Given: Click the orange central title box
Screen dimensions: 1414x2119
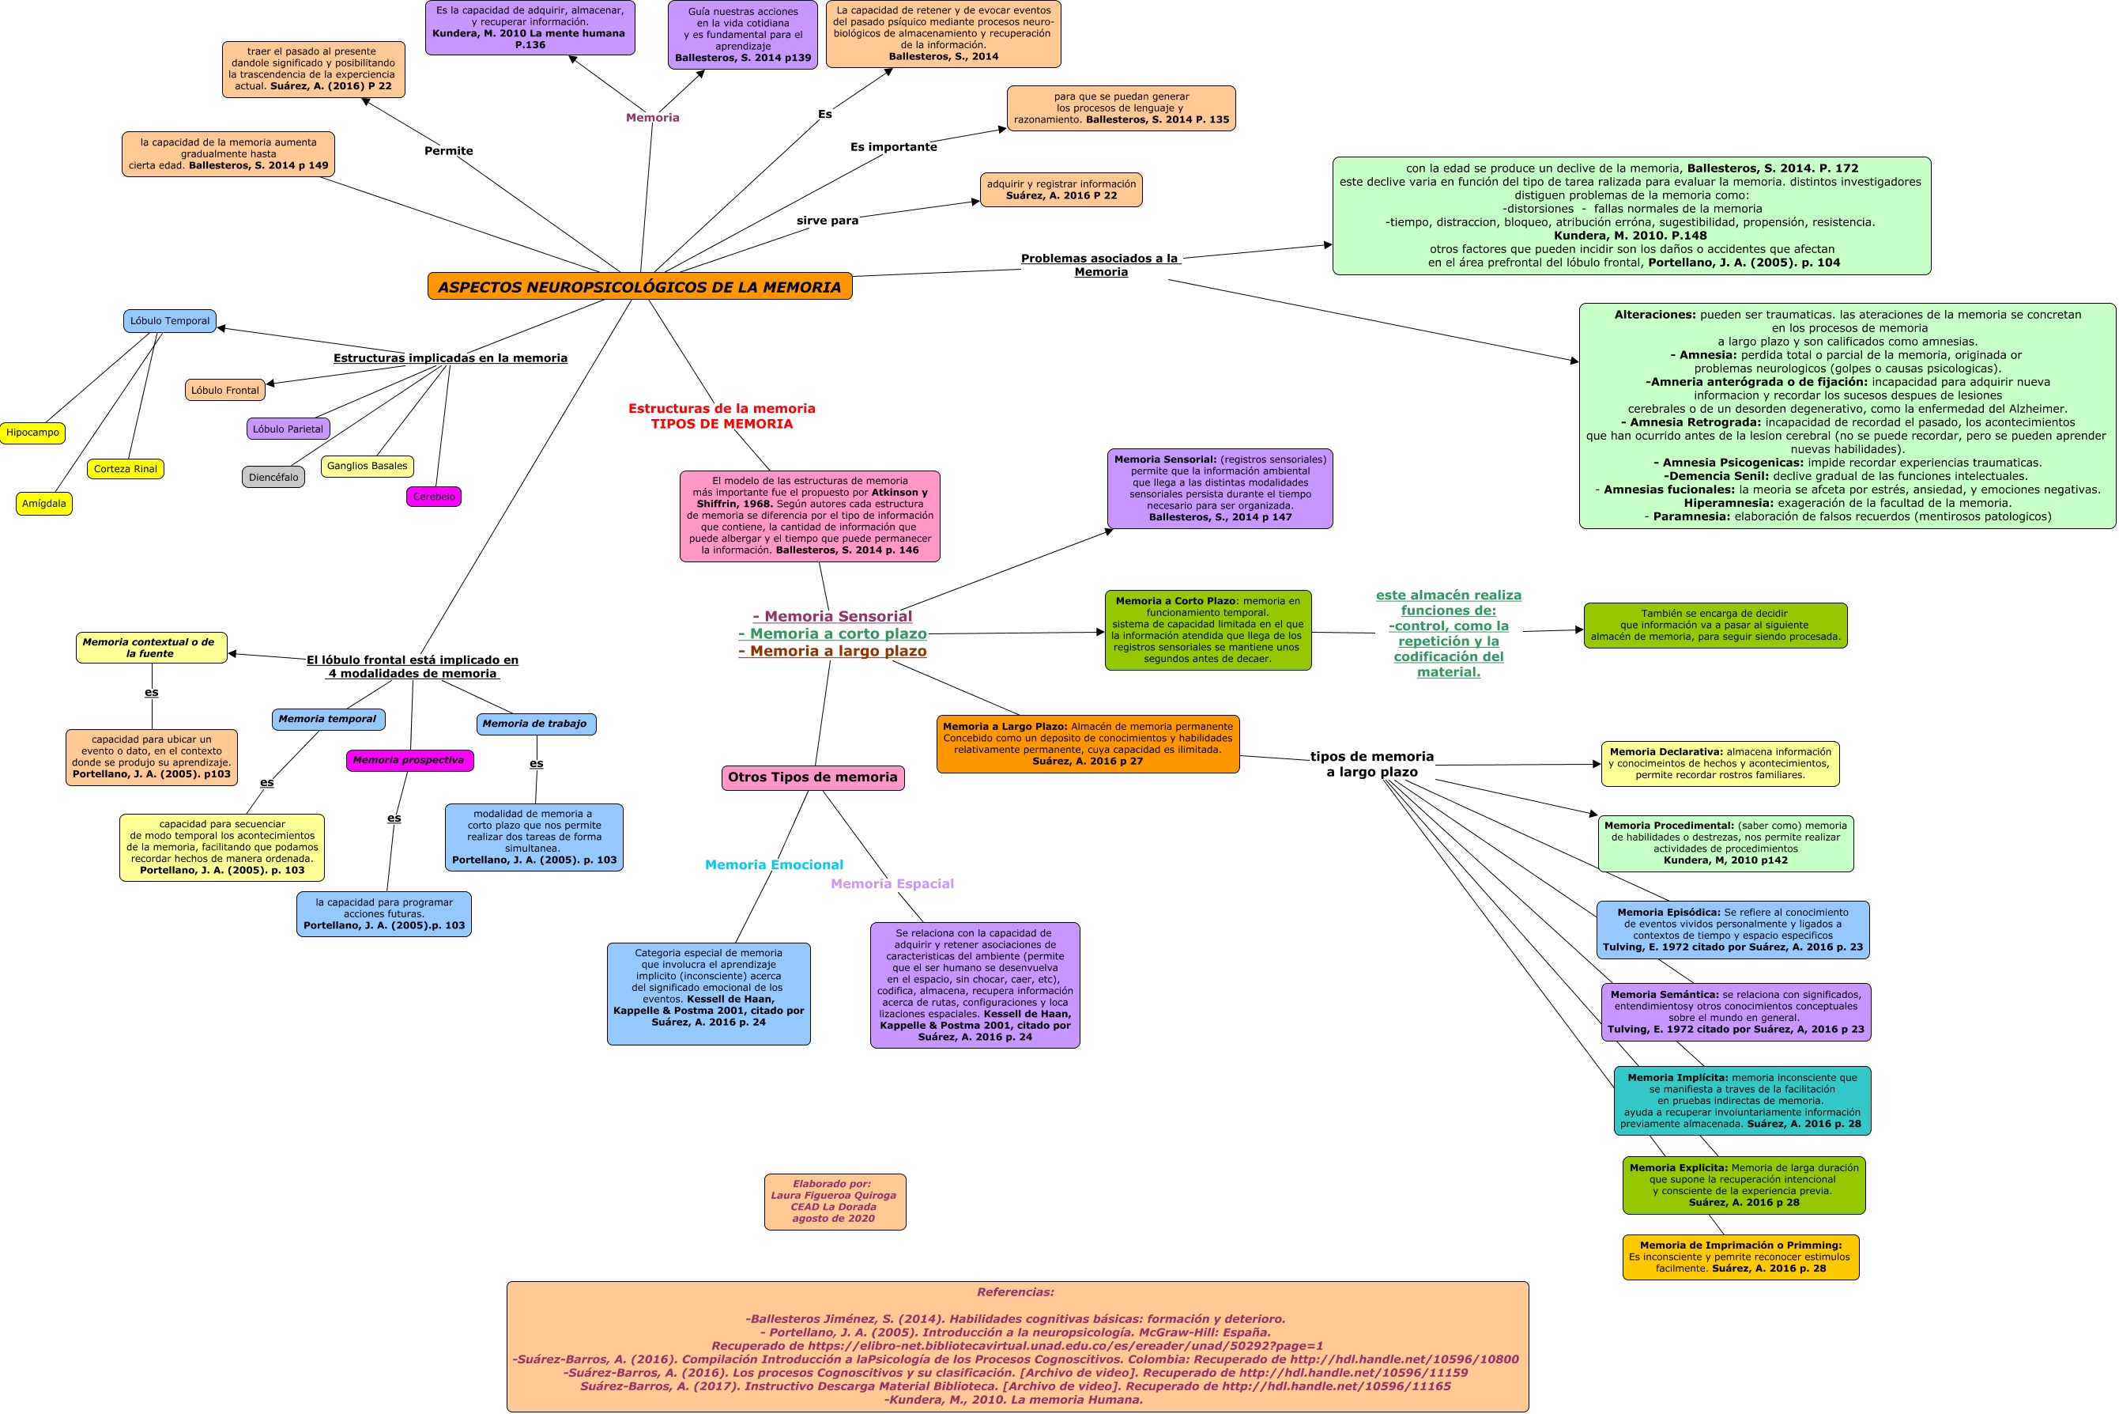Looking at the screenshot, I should pos(639,287).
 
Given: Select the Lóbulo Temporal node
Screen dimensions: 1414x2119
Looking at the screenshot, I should pos(169,321).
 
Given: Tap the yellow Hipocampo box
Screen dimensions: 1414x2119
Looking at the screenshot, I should pos(32,433).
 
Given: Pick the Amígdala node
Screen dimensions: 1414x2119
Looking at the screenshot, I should pos(44,504).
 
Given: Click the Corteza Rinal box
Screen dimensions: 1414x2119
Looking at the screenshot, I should pos(126,469).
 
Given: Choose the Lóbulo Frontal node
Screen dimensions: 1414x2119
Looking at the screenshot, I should pos(224,391).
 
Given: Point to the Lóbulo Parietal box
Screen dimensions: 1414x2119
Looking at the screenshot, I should pos(288,429).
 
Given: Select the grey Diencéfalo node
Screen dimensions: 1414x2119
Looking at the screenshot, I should pos(273,477).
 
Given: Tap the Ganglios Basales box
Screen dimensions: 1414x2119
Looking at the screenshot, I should pos(367,467).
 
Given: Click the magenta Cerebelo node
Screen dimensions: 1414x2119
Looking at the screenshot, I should pos(434,497).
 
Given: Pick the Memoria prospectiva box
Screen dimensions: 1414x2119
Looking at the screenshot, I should pos(409,760).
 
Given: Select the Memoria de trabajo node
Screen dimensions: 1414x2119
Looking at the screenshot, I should pos(535,724).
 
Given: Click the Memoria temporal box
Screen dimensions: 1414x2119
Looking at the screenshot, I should pos(328,720).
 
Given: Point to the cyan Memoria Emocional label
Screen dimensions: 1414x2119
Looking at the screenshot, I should pos(773,865).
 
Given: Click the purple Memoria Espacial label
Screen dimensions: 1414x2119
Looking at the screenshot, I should pos(892,884).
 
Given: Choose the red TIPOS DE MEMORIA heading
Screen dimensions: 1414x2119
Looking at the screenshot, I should pos(721,424).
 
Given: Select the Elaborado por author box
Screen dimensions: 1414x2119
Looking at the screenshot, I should pos(834,1201).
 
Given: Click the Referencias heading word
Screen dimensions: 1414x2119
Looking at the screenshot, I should pos(1015,1292).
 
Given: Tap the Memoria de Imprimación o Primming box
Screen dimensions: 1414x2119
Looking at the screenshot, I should pos(1740,1257).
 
